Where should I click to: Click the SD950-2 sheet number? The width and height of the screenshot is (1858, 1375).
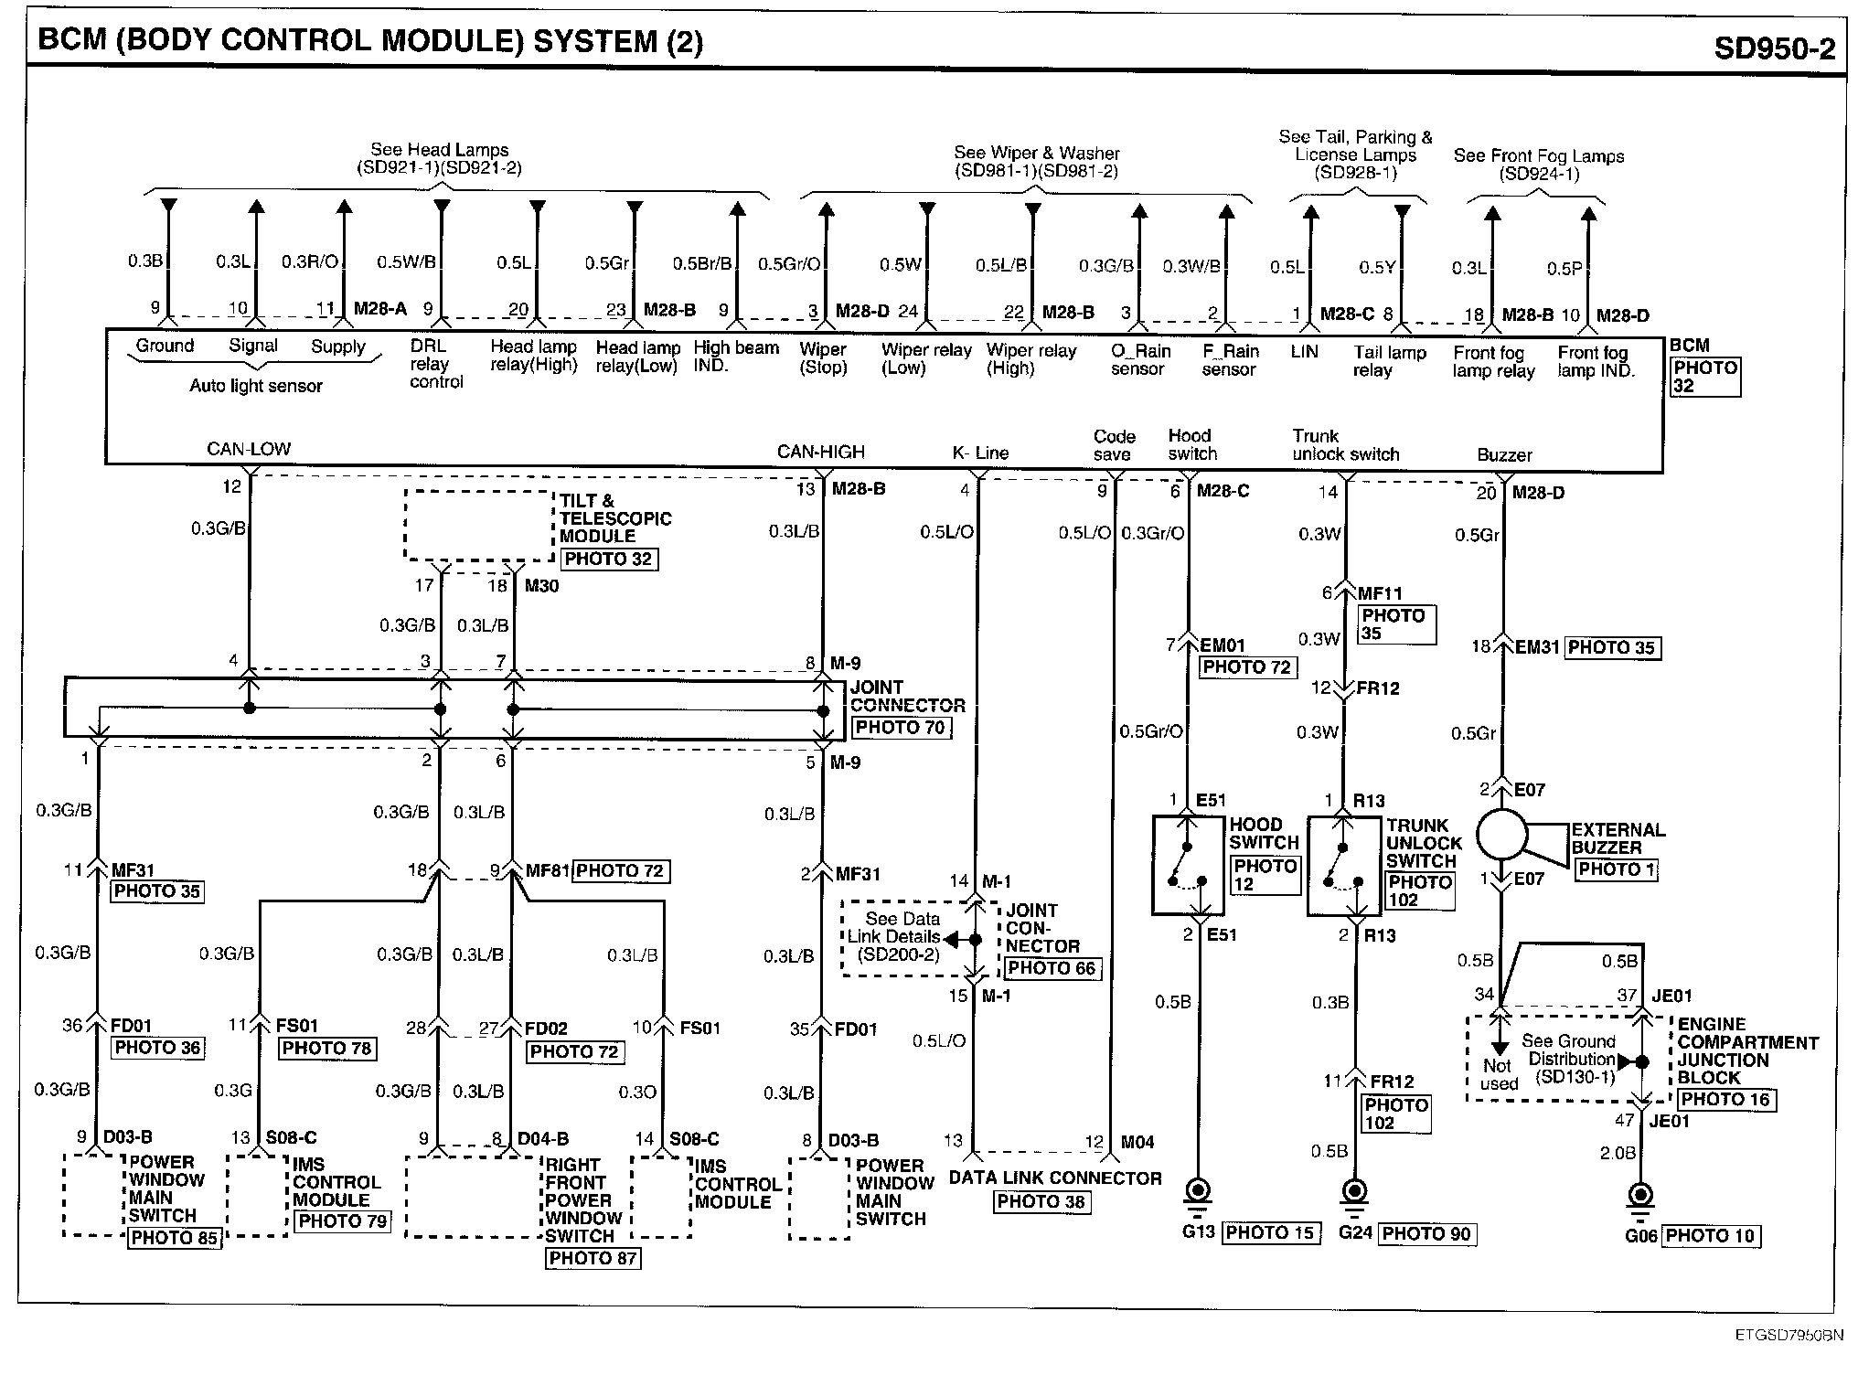pyautogui.click(x=1773, y=47)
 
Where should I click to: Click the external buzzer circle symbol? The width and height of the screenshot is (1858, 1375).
pyautogui.click(x=1501, y=834)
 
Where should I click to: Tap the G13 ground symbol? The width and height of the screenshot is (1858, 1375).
pyautogui.click(x=1196, y=1193)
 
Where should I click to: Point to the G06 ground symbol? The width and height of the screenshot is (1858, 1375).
pyautogui.click(x=1641, y=1196)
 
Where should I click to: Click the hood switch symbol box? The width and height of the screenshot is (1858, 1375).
pyautogui.click(x=1188, y=866)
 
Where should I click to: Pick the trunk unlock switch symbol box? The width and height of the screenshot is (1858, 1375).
pyautogui.click(x=1343, y=866)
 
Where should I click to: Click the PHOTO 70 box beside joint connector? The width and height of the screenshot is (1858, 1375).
pyautogui.click(x=902, y=728)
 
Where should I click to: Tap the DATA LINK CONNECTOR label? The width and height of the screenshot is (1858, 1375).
pyautogui.click(x=1054, y=1178)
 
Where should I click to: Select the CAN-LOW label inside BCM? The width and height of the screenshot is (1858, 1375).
pyautogui.click(x=248, y=449)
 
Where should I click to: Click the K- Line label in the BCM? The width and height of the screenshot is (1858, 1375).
pyautogui.click(x=979, y=453)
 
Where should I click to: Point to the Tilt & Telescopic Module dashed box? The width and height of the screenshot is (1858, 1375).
pyautogui.click(x=479, y=525)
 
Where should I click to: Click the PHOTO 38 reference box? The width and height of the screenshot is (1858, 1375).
pyautogui.click(x=1041, y=1201)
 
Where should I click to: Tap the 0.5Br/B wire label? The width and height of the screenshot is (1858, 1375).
pyautogui.click(x=702, y=263)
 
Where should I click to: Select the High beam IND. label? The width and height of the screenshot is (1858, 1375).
pyautogui.click(x=735, y=357)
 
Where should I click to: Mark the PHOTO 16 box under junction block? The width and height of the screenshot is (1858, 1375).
pyautogui.click(x=1725, y=1099)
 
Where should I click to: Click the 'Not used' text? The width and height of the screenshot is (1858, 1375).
pyautogui.click(x=1498, y=1074)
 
